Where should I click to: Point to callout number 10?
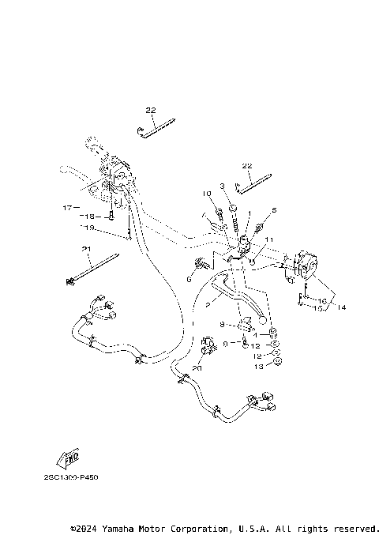[206, 194]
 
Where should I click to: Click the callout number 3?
[223, 186]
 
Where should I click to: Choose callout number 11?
[268, 239]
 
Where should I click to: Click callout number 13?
[258, 367]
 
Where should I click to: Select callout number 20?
[197, 367]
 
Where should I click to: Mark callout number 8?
[223, 324]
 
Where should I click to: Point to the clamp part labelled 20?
[209, 345]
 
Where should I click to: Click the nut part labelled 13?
[278, 364]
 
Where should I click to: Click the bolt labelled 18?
[113, 213]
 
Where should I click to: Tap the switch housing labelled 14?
[302, 265]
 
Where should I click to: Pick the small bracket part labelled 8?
[244, 323]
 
